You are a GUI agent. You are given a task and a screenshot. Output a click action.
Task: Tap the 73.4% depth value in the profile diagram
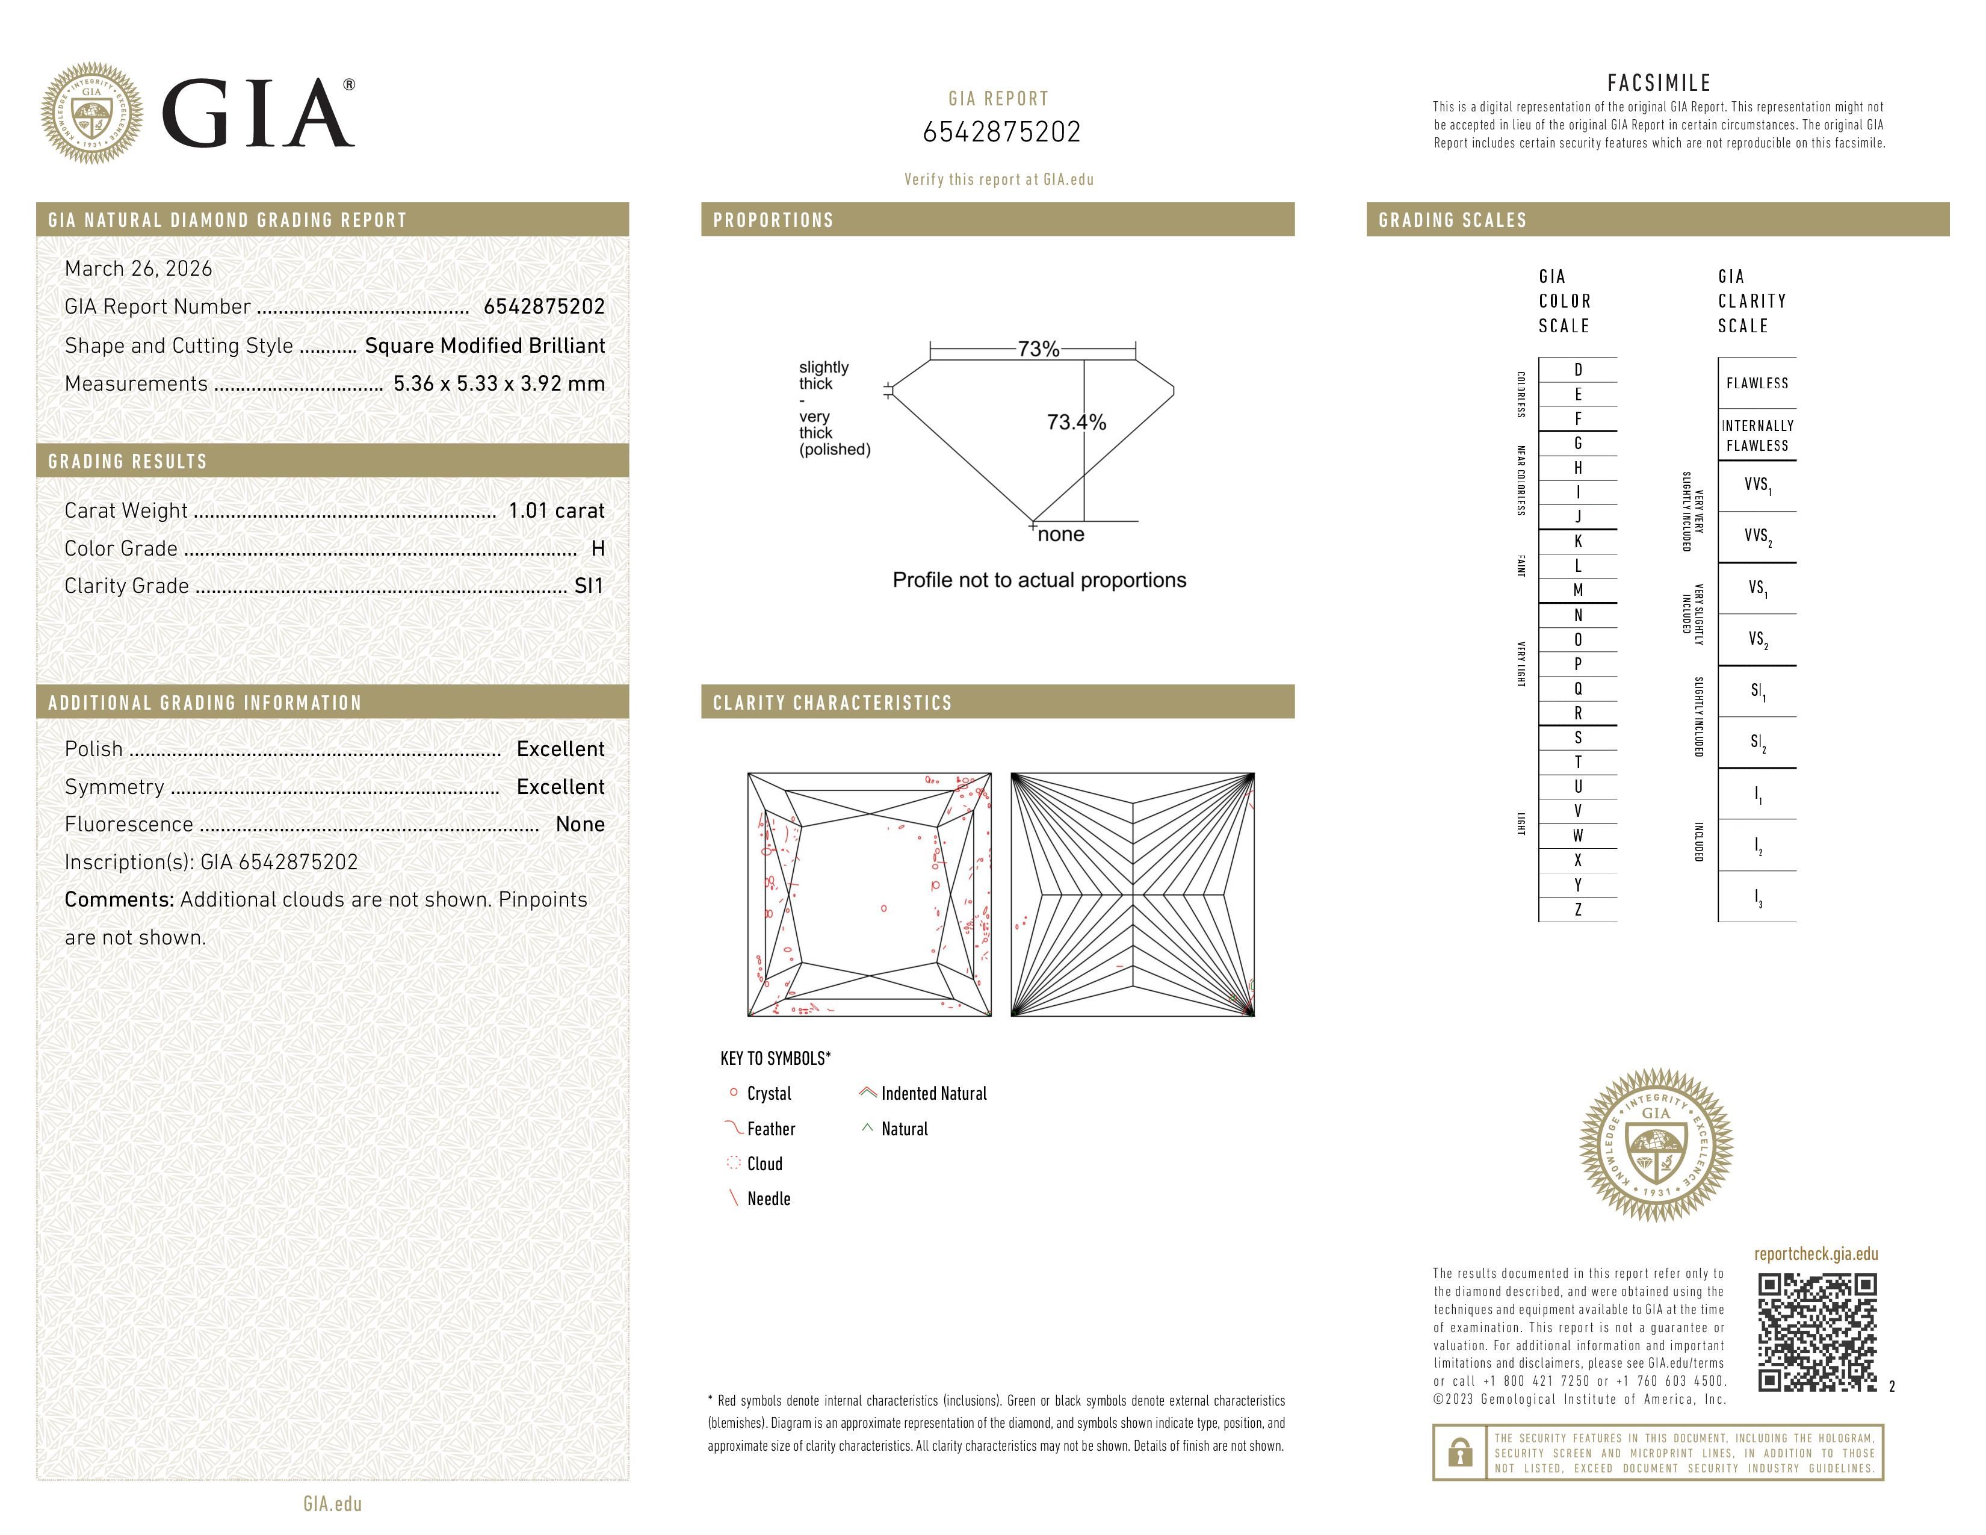pyautogui.click(x=1076, y=422)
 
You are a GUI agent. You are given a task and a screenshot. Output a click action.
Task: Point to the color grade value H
pyautogui.click(x=598, y=548)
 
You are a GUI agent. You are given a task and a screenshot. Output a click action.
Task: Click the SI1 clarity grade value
pyautogui.click(x=589, y=586)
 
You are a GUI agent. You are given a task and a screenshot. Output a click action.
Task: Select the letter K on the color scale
pyautogui.click(x=1578, y=541)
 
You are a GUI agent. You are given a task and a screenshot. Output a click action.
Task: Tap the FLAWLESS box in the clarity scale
pyautogui.click(x=1756, y=383)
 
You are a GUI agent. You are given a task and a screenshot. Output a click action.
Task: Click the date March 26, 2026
pyautogui.click(x=138, y=268)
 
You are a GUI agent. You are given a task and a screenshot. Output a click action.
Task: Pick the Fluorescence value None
pyautogui.click(x=579, y=824)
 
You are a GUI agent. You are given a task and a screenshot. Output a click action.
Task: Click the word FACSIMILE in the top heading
pyautogui.click(x=1659, y=82)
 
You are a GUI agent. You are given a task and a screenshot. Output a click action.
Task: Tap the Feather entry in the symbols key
pyautogui.click(x=770, y=1129)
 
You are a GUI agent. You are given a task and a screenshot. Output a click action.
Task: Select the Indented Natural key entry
pyautogui.click(x=933, y=1093)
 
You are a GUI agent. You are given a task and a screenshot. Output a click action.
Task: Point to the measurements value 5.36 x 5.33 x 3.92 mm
pyautogui.click(x=498, y=384)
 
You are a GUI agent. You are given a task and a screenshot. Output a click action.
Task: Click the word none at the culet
pyautogui.click(x=1060, y=535)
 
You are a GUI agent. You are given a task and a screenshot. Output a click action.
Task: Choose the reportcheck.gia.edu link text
pyautogui.click(x=1815, y=1254)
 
